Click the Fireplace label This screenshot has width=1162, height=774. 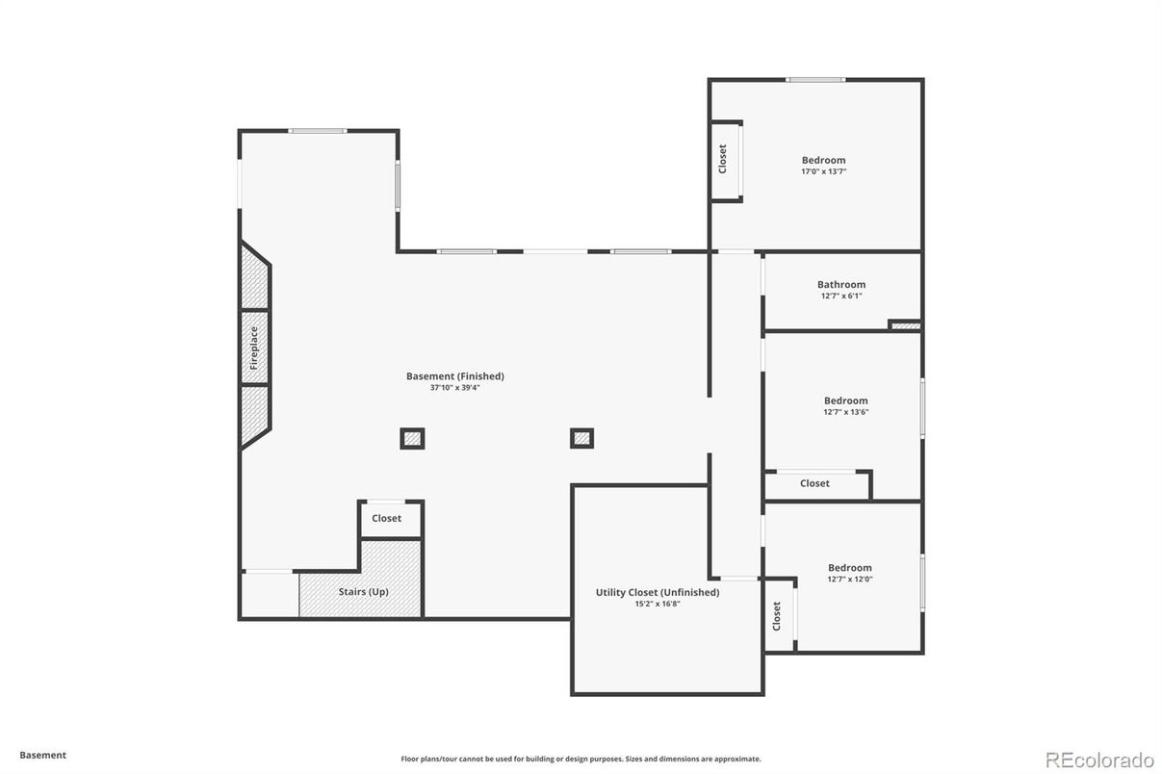pos(254,348)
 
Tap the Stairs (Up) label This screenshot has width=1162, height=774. pos(363,591)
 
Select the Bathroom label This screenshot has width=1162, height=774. pos(841,284)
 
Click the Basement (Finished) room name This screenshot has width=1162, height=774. pos(454,375)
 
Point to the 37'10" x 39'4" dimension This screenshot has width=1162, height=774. pos(454,388)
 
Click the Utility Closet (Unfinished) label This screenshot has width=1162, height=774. pos(658,592)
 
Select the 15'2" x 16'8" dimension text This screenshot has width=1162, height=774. pos(658,604)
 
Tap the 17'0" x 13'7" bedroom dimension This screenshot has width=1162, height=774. pos(823,171)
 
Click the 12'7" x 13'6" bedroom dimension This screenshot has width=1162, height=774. pos(845,412)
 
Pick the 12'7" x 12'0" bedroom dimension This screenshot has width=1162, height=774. pos(849,580)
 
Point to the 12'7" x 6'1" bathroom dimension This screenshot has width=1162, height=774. pos(841,296)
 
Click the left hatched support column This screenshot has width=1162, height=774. pos(412,439)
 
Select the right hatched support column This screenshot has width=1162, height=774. pos(581,439)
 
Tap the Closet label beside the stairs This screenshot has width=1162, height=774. pos(386,518)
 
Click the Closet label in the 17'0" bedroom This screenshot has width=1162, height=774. pos(722,160)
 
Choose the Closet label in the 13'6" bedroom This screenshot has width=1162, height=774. pos(814,483)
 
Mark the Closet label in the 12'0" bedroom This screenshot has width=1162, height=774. pos(777,616)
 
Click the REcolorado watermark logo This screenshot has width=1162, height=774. pos(1099,758)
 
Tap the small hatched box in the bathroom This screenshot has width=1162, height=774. pos(904,326)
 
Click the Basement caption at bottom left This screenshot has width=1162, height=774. pos(42,756)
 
